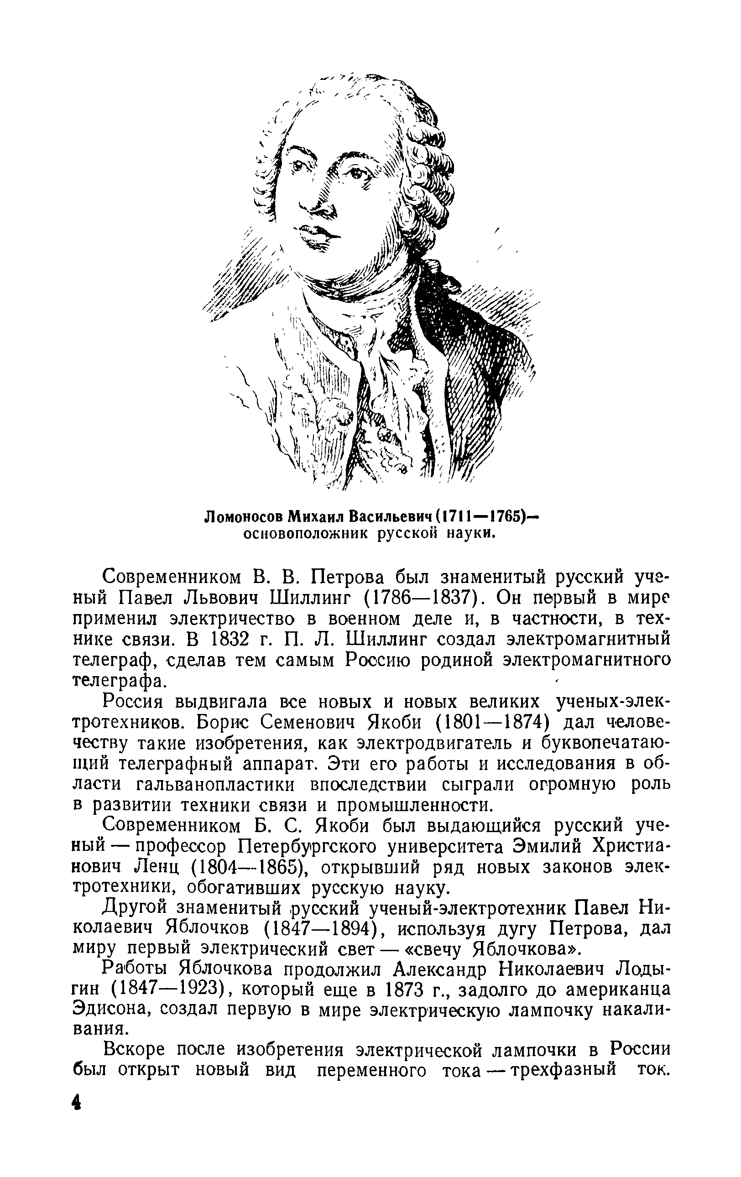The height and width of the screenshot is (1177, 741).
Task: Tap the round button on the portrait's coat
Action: [x=344, y=416]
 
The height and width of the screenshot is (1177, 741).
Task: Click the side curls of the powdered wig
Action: [x=425, y=176]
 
